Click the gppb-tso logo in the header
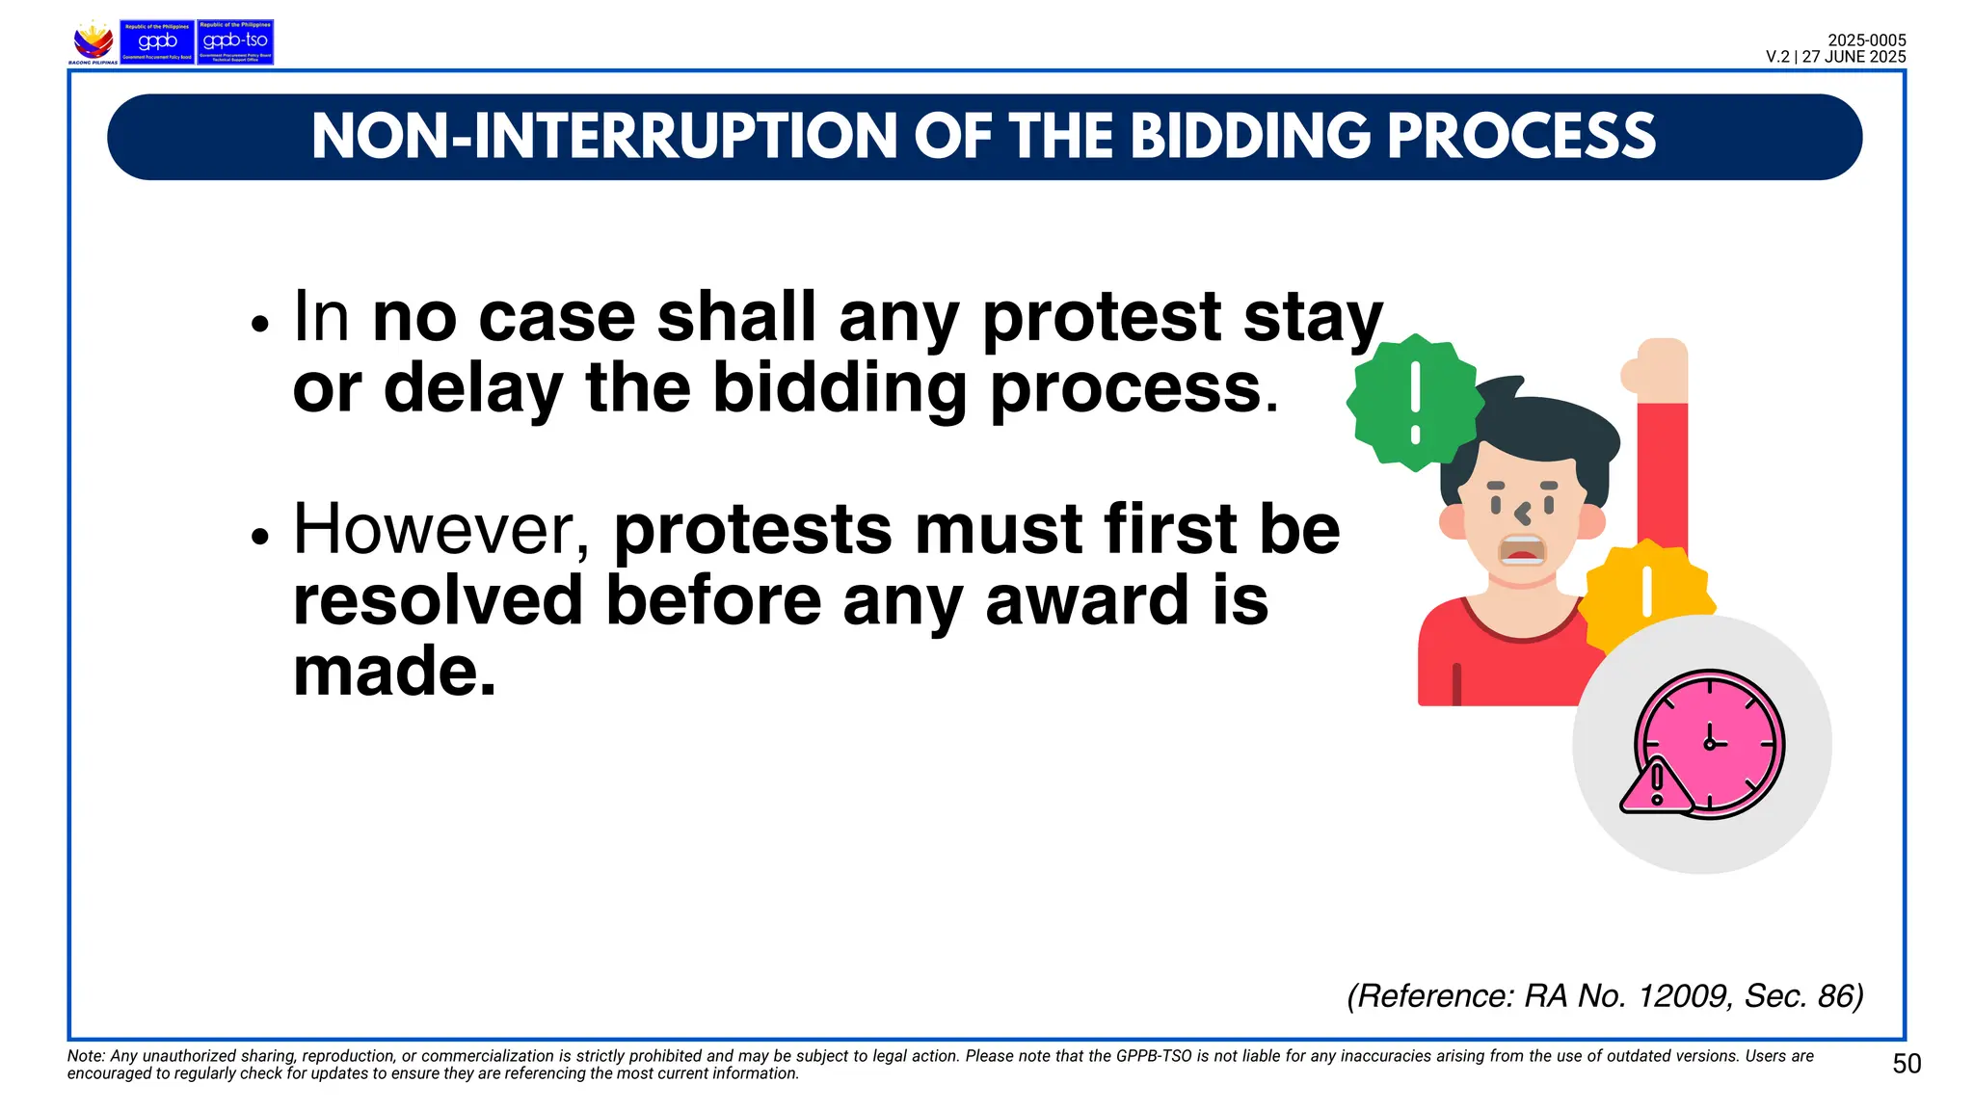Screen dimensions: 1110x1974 tap(235, 42)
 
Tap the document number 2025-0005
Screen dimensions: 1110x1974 tap(1866, 40)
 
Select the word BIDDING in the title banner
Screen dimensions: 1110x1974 tap(1249, 137)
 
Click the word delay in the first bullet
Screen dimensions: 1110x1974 tap(473, 388)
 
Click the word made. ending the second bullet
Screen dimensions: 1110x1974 tap(394, 672)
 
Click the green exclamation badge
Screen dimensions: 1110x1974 tap(1415, 403)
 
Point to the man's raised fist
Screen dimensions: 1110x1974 tap(1656, 367)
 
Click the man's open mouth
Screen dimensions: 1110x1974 tap(1522, 551)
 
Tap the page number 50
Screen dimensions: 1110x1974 tap(1907, 1064)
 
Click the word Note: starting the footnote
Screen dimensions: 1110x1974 tap(86, 1056)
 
